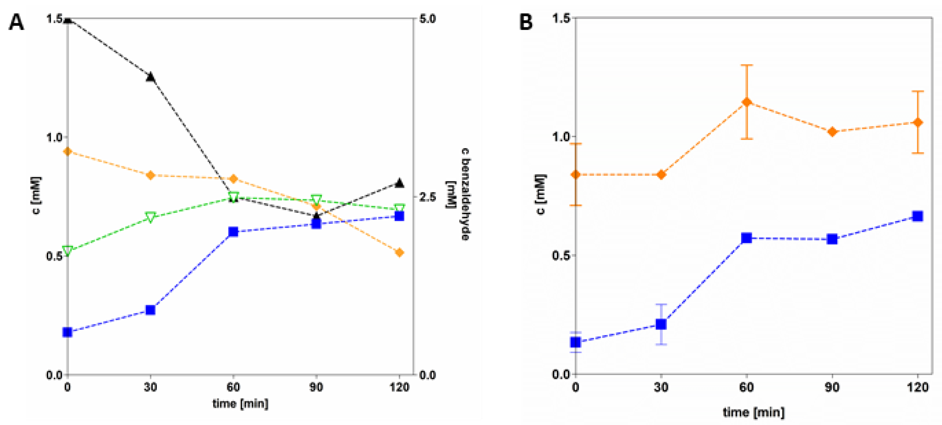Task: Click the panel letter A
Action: pos(16,23)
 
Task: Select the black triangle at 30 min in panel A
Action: pos(150,77)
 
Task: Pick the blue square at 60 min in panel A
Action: pos(233,232)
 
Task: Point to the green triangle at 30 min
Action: pos(150,217)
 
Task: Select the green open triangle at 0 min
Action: pos(67,250)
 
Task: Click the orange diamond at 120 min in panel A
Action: pos(399,252)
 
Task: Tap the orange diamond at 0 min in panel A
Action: pos(67,151)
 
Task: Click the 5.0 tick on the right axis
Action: pos(427,19)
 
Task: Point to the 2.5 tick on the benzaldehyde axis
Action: pos(427,197)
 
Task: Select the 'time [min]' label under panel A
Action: pos(240,403)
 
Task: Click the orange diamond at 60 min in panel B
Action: pos(747,102)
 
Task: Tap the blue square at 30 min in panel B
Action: pos(661,324)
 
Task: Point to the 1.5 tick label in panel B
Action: pos(561,18)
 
